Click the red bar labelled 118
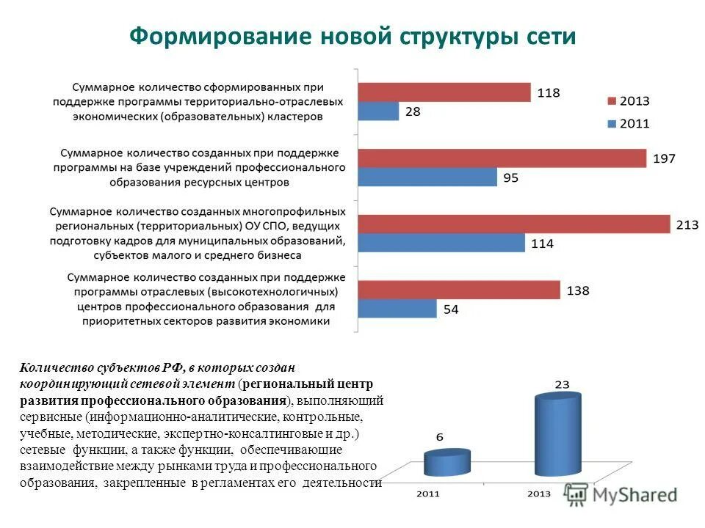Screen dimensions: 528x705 point(444,92)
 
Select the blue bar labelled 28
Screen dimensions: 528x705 point(378,111)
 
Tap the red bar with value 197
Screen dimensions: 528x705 point(502,158)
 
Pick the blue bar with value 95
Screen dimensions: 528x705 point(427,177)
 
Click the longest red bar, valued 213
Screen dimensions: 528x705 point(514,224)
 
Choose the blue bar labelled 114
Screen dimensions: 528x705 point(441,243)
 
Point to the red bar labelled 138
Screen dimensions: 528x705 point(459,290)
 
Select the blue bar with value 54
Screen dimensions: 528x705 point(397,309)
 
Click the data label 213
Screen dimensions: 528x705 point(687,225)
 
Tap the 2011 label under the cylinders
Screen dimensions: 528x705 point(428,494)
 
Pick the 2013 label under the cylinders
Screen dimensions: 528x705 point(540,494)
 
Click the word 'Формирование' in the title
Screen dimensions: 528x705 point(217,37)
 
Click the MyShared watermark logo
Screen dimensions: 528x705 point(624,495)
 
